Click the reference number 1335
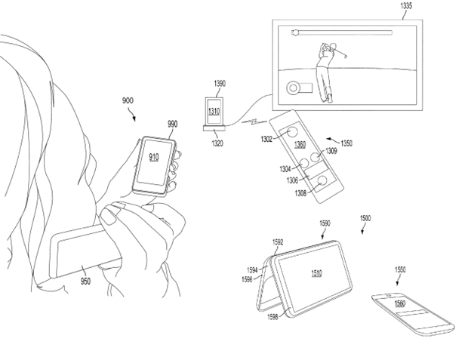(406, 6)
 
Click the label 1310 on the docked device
(214, 112)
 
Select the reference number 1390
(220, 84)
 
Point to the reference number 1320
(217, 143)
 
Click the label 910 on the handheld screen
(154, 157)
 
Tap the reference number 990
(173, 124)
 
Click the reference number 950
(85, 282)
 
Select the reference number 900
(128, 100)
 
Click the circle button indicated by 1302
(292, 131)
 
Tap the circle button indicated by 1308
(322, 180)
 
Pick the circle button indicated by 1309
(315, 157)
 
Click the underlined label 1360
(300, 145)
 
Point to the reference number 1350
(346, 143)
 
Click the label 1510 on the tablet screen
(316, 273)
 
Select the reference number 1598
(272, 317)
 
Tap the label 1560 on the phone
(400, 303)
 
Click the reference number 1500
(365, 219)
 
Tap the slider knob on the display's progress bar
(295, 32)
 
